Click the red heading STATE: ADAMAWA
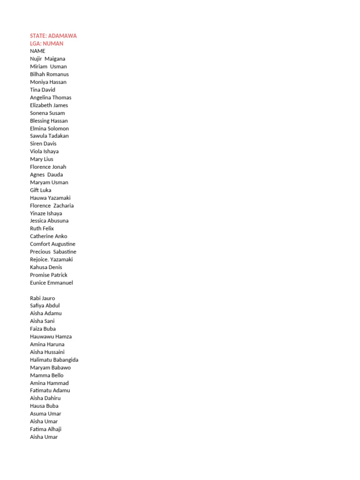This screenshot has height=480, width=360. (53, 36)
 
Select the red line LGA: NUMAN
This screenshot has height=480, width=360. (46, 44)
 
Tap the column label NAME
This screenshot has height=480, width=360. (37, 51)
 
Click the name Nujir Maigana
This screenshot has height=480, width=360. (47, 59)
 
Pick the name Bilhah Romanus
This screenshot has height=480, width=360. (49, 74)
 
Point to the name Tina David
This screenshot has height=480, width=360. (42, 90)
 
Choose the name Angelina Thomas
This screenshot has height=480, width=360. (51, 97)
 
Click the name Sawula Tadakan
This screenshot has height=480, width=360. (49, 136)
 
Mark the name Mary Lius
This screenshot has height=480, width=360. (41, 159)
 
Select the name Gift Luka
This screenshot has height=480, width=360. (40, 190)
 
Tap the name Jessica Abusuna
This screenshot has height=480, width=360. (49, 221)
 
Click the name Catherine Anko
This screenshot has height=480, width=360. (48, 236)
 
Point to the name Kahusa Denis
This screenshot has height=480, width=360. (46, 267)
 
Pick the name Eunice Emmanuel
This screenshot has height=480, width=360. (51, 283)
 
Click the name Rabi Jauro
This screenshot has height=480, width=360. (42, 298)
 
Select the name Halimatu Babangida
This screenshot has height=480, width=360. (54, 360)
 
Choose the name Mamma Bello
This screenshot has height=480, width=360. (46, 375)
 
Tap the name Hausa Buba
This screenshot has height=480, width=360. (44, 406)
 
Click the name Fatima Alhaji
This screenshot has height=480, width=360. (45, 429)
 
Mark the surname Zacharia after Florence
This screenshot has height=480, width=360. (64, 205)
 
